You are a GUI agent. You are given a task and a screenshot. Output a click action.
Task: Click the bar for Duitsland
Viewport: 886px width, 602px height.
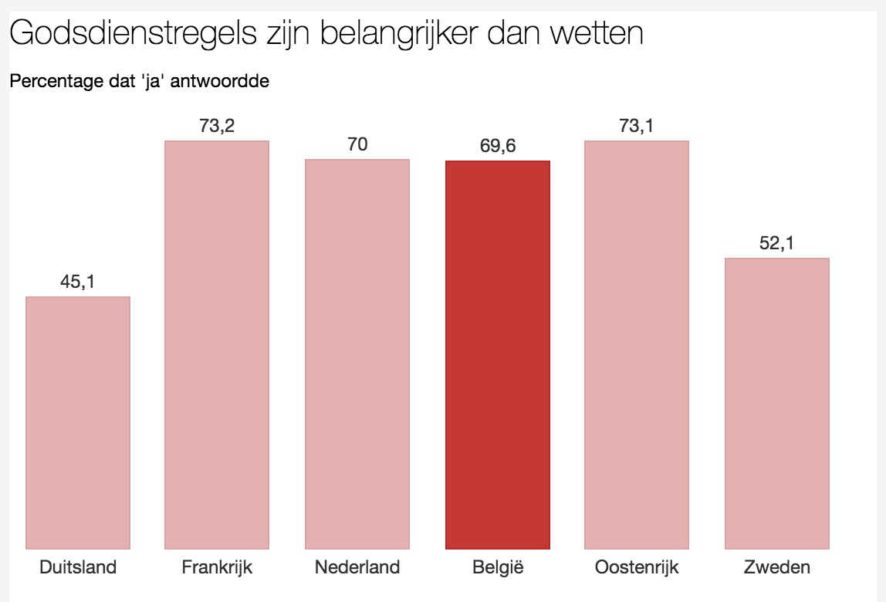click(x=78, y=422)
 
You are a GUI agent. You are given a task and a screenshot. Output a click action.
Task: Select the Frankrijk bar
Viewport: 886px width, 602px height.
click(x=217, y=344)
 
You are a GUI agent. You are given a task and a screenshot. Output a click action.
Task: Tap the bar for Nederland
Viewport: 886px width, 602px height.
click(x=357, y=353)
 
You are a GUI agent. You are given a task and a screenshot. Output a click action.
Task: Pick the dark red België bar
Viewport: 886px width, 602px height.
click(x=498, y=354)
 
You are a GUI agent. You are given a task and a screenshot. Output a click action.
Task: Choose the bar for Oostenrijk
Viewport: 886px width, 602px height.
click(x=637, y=344)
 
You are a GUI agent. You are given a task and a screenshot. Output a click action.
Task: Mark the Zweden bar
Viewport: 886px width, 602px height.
click(x=777, y=403)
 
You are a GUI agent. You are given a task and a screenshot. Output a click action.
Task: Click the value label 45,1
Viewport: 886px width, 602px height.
click(x=77, y=282)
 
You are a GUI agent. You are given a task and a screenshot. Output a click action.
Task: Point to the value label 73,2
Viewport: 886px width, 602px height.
click(x=217, y=126)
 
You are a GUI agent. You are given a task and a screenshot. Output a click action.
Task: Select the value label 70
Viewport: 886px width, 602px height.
click(x=357, y=144)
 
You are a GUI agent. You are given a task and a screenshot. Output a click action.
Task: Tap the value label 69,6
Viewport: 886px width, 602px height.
click(x=498, y=146)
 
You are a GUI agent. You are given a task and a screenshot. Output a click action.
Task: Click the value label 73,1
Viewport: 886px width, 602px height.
click(x=637, y=126)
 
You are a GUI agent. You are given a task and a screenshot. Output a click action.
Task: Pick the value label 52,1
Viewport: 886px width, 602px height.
click(x=777, y=244)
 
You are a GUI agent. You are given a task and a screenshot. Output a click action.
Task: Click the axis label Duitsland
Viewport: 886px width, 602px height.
click(x=78, y=568)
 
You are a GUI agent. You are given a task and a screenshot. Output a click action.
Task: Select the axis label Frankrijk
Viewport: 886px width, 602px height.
click(x=217, y=568)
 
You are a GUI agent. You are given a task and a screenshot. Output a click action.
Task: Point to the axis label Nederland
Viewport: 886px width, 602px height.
click(x=357, y=568)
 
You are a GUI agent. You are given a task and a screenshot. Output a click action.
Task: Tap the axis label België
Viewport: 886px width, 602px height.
click(x=498, y=568)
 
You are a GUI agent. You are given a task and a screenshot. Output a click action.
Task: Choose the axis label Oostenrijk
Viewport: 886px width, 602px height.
click(x=637, y=568)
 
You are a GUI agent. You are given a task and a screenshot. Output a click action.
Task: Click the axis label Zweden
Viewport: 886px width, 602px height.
click(x=777, y=568)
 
